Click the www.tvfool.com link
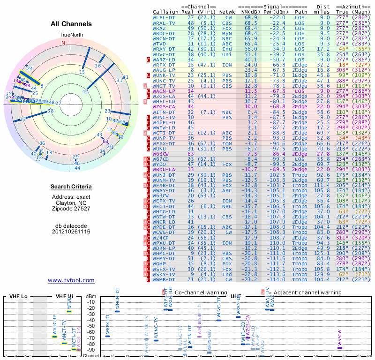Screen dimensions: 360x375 coord(71,280)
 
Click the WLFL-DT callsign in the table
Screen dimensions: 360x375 coord(164,17)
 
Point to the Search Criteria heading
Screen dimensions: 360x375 coord(71,187)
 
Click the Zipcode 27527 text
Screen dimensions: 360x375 coord(71,208)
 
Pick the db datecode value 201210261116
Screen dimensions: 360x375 coord(71,232)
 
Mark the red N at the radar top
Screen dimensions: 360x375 coord(63,43)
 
